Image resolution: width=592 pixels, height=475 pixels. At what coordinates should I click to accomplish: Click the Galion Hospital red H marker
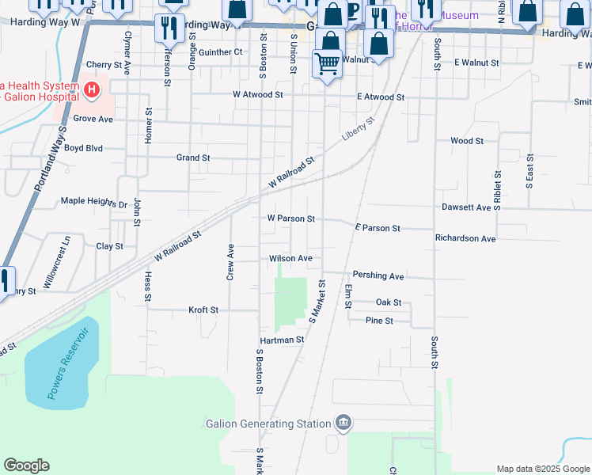pos(92,90)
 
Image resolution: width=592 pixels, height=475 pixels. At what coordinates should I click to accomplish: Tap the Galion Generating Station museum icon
pos(343,423)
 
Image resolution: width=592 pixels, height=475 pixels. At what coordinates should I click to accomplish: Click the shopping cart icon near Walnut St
pos(327,64)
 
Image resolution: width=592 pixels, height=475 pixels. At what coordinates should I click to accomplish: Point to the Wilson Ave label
pos(290,258)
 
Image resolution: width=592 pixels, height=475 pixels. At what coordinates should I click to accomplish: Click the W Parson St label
pos(291,218)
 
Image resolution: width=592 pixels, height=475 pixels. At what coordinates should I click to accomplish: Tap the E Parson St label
pos(378,228)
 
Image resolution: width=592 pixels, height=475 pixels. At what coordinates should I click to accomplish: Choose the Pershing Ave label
pos(378,275)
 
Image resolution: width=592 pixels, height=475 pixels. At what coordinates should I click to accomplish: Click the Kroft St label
pos(203,310)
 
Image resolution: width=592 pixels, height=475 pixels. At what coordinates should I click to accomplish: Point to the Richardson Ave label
pos(465,238)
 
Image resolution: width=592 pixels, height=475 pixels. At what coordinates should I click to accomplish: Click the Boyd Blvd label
pos(84,148)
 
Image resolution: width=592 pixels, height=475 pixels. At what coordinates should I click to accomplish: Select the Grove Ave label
pos(93,119)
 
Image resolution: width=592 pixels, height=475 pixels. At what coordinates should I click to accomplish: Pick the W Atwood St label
pos(257,94)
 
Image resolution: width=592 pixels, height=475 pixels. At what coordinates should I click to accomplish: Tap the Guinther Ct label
pos(221,52)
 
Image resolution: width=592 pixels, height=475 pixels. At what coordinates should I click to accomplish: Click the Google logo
pos(26,465)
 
